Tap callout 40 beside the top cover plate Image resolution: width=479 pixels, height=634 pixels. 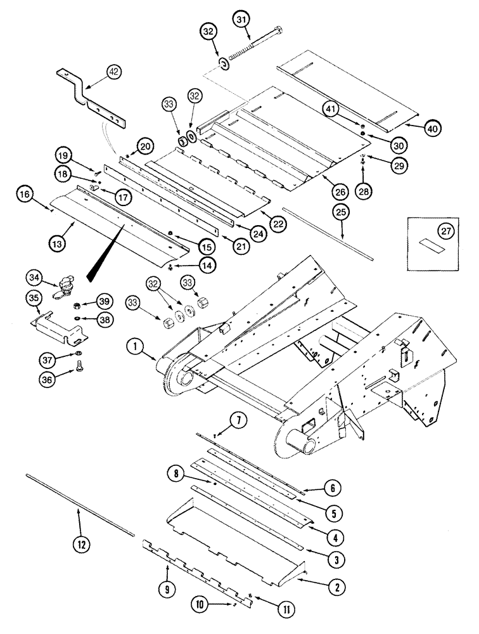click(432, 127)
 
